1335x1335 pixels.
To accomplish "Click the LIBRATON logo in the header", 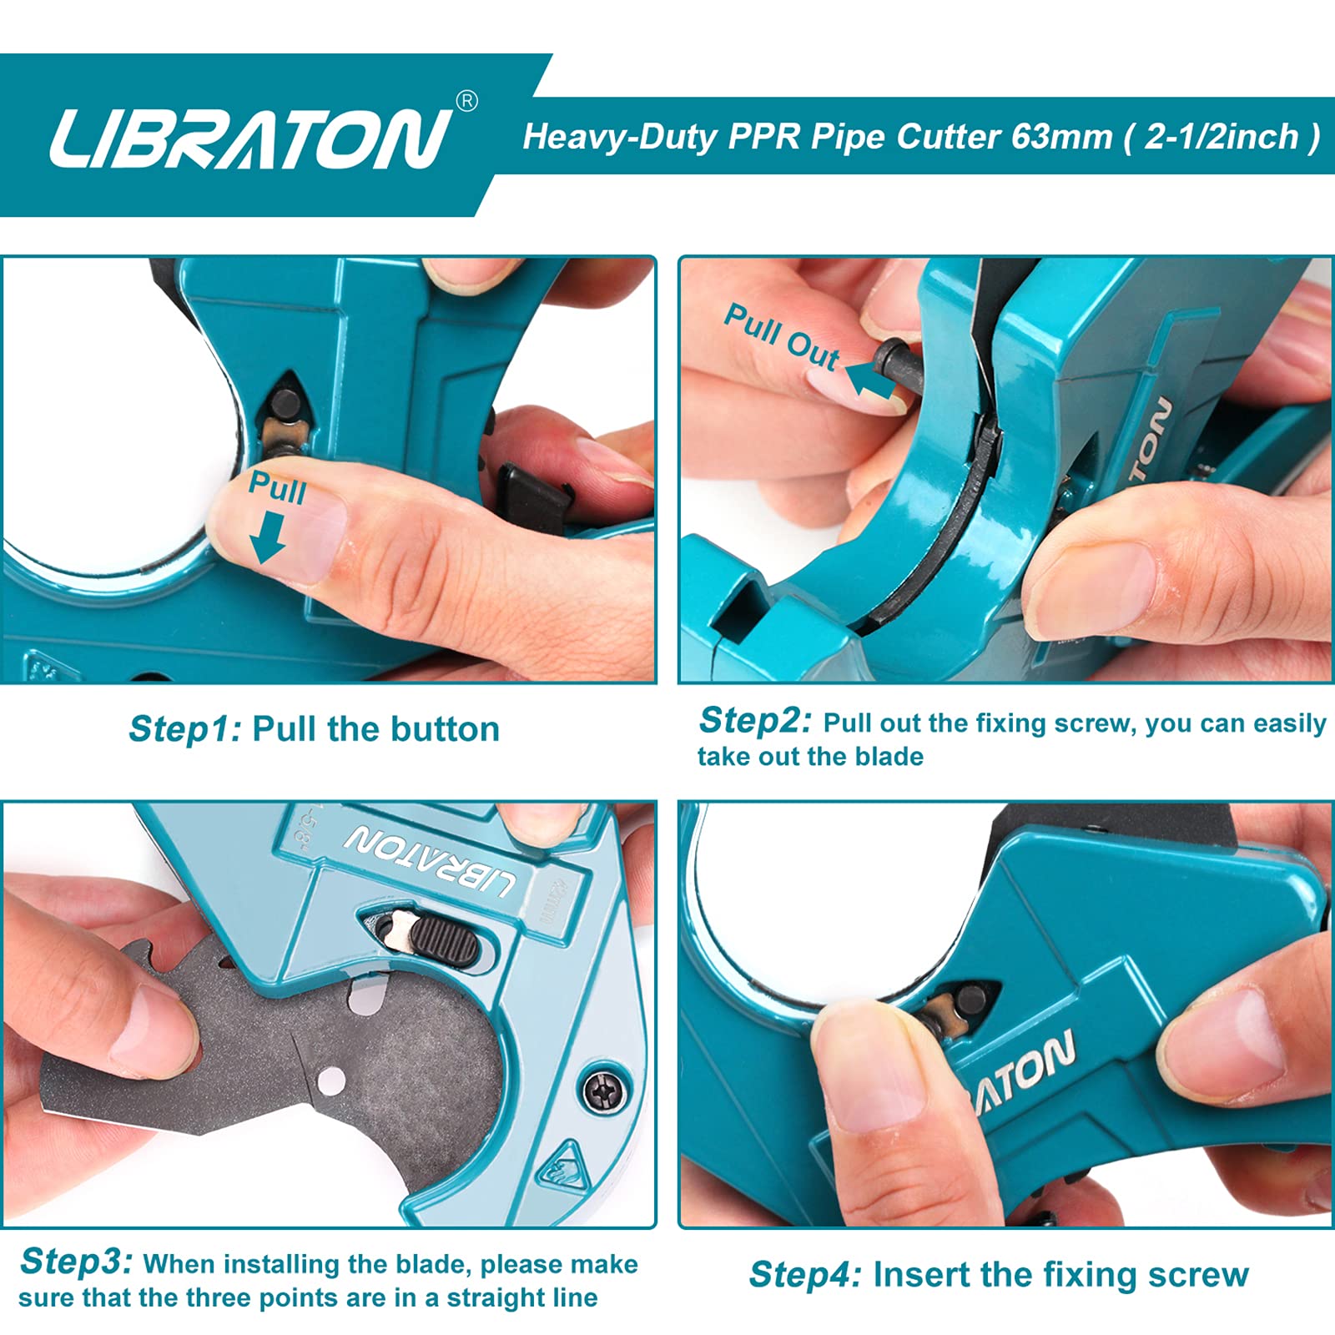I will [250, 138].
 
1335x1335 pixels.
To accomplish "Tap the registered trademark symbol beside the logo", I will [468, 101].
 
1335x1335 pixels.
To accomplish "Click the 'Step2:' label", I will [754, 720].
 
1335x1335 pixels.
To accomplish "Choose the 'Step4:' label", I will [804, 1274].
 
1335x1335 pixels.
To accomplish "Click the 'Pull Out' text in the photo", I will [781, 336].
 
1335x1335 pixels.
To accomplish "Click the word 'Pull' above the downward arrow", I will [277, 487].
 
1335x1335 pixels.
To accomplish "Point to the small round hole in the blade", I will [333, 1081].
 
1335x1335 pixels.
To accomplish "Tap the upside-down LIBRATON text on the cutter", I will [430, 862].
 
